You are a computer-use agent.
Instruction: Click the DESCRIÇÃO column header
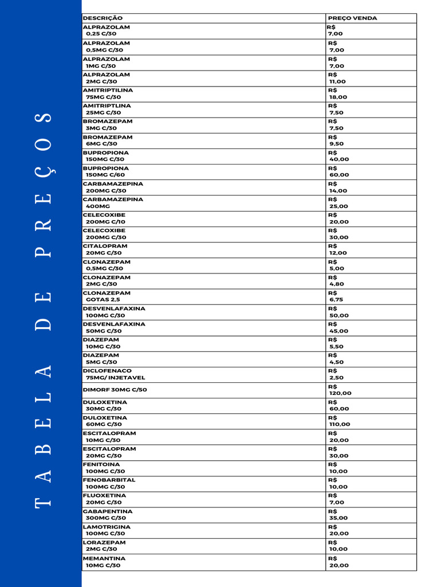pyautogui.click(x=103, y=18)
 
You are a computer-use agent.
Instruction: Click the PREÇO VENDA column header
pyautogui.click(x=352, y=18)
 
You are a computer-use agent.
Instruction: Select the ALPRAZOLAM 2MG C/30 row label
pyautogui.click(x=107, y=78)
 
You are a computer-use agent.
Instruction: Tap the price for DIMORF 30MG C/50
pyautogui.click(x=340, y=390)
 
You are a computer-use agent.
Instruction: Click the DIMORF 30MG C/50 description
pyautogui.click(x=115, y=390)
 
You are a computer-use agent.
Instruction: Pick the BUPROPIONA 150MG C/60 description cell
pyautogui.click(x=106, y=171)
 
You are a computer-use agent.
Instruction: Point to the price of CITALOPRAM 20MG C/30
pyautogui.click(x=337, y=249)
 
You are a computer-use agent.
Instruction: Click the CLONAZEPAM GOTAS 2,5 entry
pyautogui.click(x=107, y=296)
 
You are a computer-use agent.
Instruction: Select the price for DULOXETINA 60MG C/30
pyautogui.click(x=340, y=421)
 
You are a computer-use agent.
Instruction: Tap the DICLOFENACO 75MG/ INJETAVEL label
pyautogui.click(x=114, y=374)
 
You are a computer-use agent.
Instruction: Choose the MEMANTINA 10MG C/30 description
pyautogui.click(x=104, y=562)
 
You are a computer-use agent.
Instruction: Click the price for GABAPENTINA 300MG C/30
pyautogui.click(x=338, y=515)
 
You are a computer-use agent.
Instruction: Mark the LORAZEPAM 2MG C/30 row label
pyautogui.click(x=104, y=546)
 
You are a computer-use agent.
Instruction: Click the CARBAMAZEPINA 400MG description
pyautogui.click(x=113, y=203)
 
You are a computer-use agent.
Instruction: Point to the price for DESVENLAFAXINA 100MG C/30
pyautogui.click(x=339, y=312)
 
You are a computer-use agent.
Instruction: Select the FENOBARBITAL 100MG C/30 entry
pyautogui.click(x=109, y=483)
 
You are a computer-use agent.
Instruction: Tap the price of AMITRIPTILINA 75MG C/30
pyautogui.click(x=337, y=93)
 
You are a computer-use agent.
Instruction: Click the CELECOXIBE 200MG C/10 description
pyautogui.click(x=104, y=218)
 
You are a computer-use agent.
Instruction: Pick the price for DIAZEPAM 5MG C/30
pyautogui.click(x=336, y=359)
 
